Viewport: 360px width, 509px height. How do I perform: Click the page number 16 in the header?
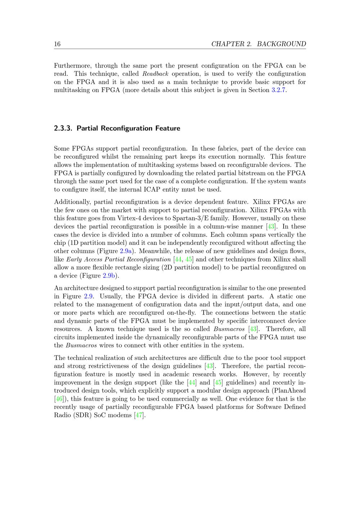pyautogui.click(x=57, y=44)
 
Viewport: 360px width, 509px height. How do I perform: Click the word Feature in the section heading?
pyautogui.click(x=168, y=129)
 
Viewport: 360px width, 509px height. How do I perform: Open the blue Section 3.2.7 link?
pyautogui.click(x=278, y=90)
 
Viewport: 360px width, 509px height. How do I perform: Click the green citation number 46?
pyautogui.click(x=58, y=399)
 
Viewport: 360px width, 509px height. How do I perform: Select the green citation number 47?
pyautogui.click(x=139, y=415)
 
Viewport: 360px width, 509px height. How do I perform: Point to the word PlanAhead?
pyautogui.click(x=289, y=391)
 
